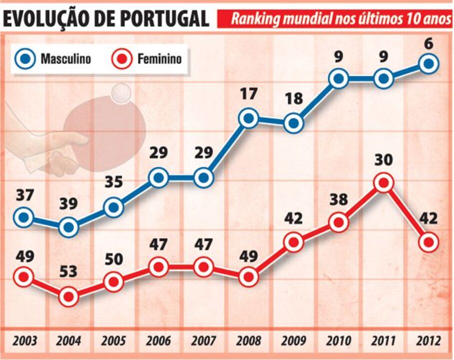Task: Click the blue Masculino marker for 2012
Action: coord(429,63)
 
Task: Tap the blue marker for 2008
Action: coord(248,118)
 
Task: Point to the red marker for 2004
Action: coord(68,297)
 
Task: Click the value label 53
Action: coord(68,272)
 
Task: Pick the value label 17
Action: coord(248,93)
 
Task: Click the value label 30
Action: coord(384,160)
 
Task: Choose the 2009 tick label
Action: coord(294,342)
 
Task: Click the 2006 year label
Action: coord(159,342)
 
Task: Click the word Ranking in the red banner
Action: coord(254,19)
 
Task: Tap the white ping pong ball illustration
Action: coord(121,92)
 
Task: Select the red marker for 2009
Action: coord(294,242)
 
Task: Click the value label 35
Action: coord(114,182)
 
